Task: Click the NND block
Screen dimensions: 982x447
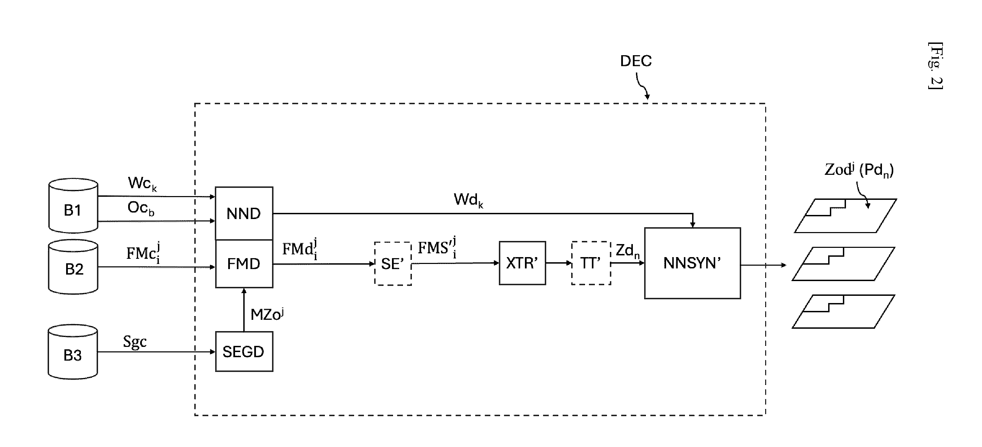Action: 244,213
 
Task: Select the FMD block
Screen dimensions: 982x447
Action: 244,264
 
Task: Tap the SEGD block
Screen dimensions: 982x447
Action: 244,351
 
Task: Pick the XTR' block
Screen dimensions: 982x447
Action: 522,263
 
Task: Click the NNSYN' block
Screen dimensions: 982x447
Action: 692,263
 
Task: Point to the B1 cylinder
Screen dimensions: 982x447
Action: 73,206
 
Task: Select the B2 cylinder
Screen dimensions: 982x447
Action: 73,267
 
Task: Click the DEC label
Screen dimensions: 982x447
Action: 636,61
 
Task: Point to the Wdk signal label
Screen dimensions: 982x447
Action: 468,200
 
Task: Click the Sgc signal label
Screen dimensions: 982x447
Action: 135,342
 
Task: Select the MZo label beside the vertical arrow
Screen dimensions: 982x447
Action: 267,314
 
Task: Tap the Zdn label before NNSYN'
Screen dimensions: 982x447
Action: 627,251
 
